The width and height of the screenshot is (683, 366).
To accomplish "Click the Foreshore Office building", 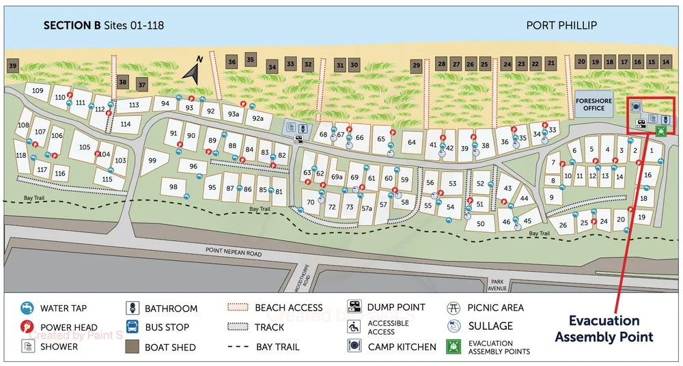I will coord(594,104).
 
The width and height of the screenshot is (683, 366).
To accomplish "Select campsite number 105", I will coord(85,147).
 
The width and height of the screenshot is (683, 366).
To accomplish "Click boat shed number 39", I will coord(12,66).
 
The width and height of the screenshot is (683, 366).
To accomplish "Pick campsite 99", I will coord(152,161).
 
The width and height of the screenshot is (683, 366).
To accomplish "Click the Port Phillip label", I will coord(561,25).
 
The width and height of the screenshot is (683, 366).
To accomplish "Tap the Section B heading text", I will coord(103,25).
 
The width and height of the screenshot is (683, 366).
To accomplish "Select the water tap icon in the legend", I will coord(27,308).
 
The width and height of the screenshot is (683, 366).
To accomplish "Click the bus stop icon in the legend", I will coord(133,327).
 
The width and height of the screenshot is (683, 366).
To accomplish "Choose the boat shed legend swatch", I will coord(133,346).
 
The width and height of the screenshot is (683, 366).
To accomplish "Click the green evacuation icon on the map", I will coord(660,131).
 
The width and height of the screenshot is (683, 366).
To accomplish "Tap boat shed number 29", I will coord(416,66).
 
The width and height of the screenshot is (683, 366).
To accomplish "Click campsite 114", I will coord(125,124).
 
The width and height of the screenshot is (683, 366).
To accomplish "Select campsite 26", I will coord(563,225).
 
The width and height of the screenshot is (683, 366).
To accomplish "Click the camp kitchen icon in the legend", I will coord(354,346).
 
